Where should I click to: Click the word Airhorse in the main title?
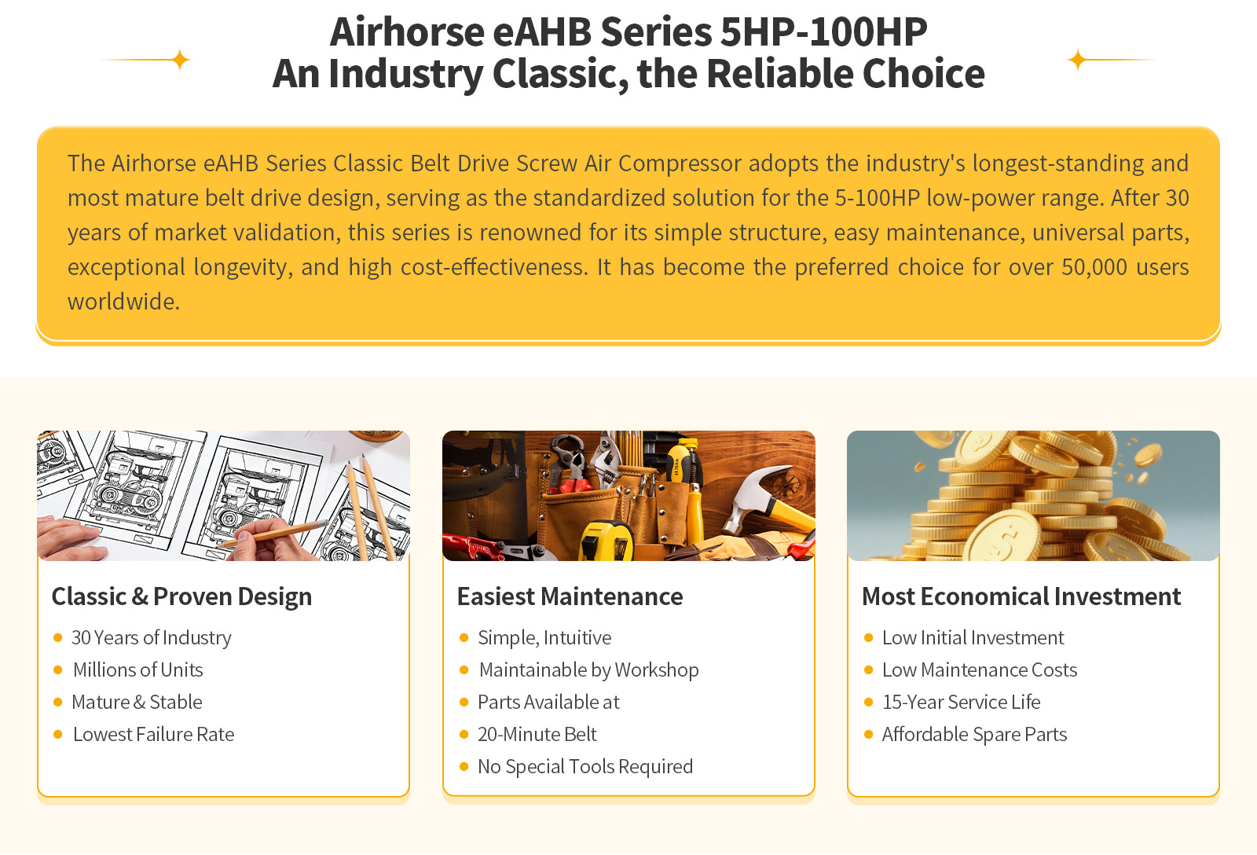[x=407, y=31]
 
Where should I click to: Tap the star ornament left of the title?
[x=180, y=60]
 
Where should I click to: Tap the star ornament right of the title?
[x=1077, y=60]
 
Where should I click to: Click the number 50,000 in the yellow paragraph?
[x=1094, y=267]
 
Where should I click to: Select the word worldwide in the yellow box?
[x=123, y=302]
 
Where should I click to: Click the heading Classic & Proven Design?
[x=181, y=596]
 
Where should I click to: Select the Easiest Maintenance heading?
[x=570, y=596]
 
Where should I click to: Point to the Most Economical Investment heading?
[x=1021, y=596]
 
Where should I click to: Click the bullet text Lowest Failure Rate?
[x=154, y=734]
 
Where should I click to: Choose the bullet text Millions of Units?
[x=138, y=670]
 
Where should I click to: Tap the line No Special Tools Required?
[x=585, y=766]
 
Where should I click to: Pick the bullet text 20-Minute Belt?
[x=537, y=734]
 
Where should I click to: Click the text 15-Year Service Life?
[x=962, y=703]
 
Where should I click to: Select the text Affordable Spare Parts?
[x=974, y=734]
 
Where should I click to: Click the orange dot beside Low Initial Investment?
[x=868, y=638]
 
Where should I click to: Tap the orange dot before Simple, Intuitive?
[x=464, y=638]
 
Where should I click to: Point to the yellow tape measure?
[x=606, y=540]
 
